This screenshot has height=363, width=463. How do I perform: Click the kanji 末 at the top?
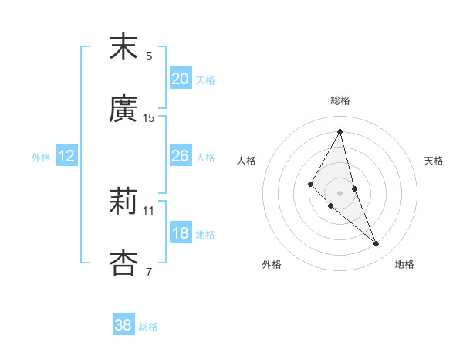coord(123,48)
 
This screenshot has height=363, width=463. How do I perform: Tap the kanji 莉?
coord(123,202)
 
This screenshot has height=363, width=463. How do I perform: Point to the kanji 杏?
coord(123,263)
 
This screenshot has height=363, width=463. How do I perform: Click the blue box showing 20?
coord(181,78)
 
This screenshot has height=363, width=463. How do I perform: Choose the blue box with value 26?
coord(181,155)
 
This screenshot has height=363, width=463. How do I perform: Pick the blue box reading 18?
coord(181,233)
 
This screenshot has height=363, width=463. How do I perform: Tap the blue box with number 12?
coord(66,156)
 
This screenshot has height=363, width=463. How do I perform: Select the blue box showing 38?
coord(123,325)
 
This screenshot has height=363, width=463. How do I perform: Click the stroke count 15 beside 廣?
coord(149,118)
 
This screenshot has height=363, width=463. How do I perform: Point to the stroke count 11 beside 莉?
coord(149,210)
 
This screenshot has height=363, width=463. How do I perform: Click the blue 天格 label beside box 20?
coord(205,80)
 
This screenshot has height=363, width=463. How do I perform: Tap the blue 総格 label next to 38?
coord(148,327)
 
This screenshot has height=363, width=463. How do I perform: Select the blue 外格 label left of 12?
coord(41,158)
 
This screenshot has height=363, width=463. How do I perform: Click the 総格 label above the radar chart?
coord(340,100)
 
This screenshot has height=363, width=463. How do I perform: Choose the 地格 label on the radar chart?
coord(404,264)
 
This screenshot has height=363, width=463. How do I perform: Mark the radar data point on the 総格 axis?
coord(340,131)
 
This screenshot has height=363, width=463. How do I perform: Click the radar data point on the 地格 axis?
coord(377,244)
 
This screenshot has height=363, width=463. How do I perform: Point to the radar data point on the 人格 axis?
coord(311,184)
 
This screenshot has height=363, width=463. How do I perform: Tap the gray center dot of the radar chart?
coord(340,192)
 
